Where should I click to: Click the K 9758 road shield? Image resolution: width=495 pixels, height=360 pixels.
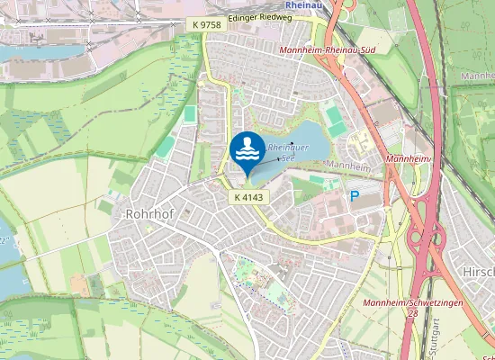(206, 24)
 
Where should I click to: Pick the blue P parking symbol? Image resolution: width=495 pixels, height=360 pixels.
(353, 194)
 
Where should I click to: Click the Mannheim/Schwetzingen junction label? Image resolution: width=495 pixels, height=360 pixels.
(411, 303)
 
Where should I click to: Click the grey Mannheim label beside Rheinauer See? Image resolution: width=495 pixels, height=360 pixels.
(348, 166)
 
